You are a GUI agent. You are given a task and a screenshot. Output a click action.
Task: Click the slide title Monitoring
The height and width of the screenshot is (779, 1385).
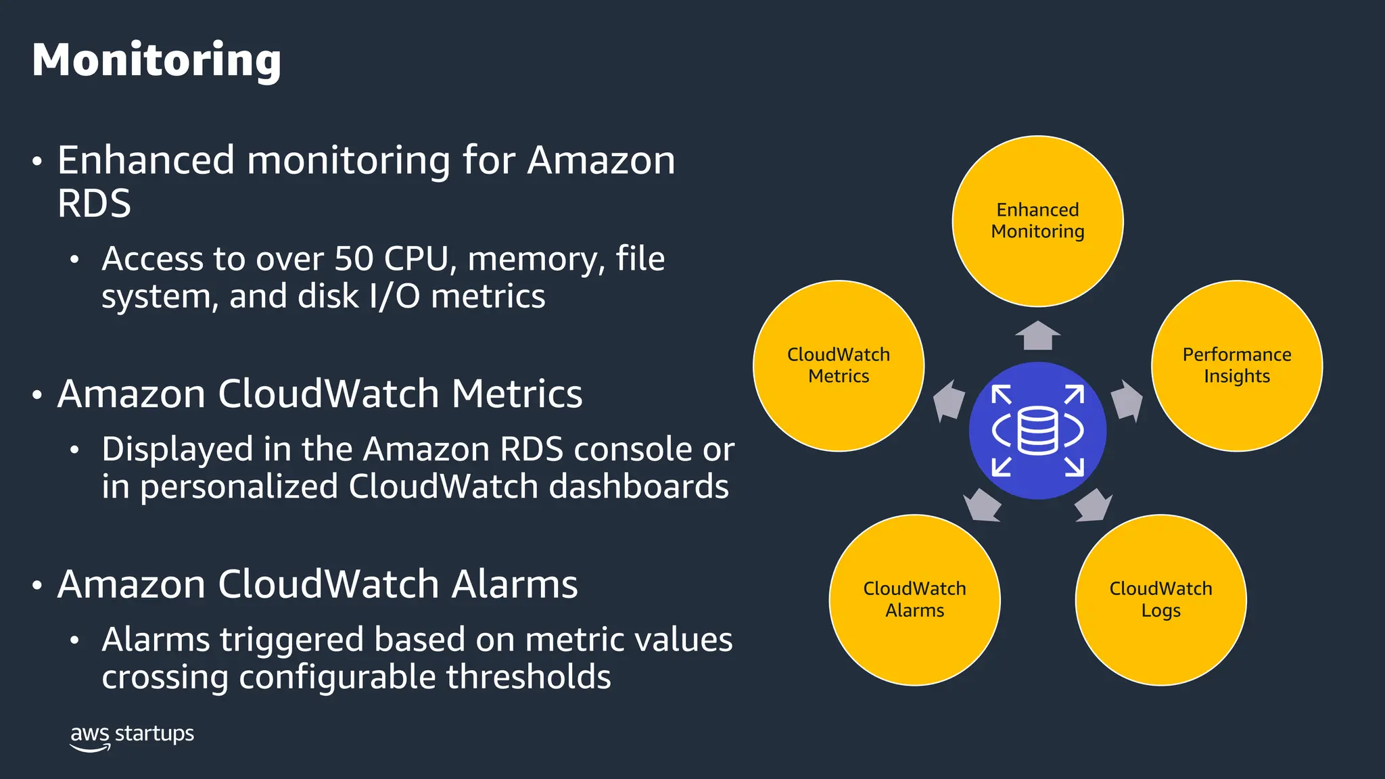click(x=156, y=61)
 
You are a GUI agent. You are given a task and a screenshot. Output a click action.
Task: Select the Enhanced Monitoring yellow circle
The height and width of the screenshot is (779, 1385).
click(x=1037, y=221)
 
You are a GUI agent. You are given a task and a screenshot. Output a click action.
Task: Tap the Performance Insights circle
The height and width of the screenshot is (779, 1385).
click(x=1236, y=366)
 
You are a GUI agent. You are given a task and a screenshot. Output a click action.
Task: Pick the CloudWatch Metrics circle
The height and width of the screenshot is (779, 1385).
click(x=839, y=366)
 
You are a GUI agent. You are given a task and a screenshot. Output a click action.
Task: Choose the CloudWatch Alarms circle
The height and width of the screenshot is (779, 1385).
click(x=914, y=600)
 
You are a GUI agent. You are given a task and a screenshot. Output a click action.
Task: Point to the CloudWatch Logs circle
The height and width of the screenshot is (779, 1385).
click(x=1160, y=600)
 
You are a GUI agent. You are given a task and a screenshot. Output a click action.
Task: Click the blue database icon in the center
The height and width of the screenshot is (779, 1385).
click(x=1037, y=431)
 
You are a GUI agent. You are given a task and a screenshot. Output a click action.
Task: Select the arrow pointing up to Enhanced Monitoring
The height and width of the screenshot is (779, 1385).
click(x=1037, y=335)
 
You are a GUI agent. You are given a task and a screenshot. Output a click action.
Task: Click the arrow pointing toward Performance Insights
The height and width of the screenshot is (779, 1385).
click(x=1126, y=400)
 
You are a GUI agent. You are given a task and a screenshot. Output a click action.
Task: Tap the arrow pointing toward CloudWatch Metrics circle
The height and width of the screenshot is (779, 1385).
click(x=948, y=400)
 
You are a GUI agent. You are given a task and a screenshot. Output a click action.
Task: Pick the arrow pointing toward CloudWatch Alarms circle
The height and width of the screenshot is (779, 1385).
click(x=982, y=505)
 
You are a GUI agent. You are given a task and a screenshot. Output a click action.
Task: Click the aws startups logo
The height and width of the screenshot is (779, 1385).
click(x=132, y=736)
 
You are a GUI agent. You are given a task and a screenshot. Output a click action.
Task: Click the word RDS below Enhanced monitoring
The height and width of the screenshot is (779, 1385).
click(x=94, y=204)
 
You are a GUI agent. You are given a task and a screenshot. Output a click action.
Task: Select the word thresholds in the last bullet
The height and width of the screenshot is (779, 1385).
click(x=528, y=677)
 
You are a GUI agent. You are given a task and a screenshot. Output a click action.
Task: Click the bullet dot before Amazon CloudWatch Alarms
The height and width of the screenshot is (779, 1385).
click(x=37, y=586)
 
